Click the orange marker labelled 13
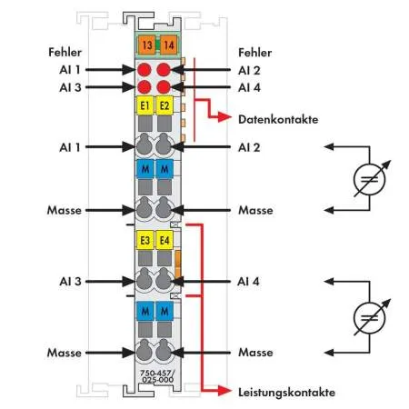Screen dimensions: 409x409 tap(147, 45)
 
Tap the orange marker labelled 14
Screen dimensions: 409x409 tap(168, 45)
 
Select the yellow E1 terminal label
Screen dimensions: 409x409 tap(145, 105)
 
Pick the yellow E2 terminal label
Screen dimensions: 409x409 tap(165, 105)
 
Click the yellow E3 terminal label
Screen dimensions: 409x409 tap(145, 240)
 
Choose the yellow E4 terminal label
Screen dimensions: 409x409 tap(165, 240)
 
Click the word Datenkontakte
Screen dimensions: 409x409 tap(278, 119)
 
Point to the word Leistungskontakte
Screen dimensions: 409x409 tap(286, 393)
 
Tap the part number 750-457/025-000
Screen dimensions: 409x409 tap(157, 376)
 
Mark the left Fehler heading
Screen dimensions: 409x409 tap(65, 52)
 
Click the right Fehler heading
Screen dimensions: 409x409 tap(255, 53)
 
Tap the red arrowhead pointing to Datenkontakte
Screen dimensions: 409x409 tap(224, 117)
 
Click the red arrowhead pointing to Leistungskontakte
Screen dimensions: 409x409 tap(224, 391)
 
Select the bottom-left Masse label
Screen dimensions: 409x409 tap(65, 353)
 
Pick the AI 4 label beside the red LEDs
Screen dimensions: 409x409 tap(249, 87)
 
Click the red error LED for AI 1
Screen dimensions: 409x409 tap(145, 70)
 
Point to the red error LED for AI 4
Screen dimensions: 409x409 tap(164, 87)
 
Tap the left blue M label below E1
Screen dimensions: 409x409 tap(145, 169)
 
